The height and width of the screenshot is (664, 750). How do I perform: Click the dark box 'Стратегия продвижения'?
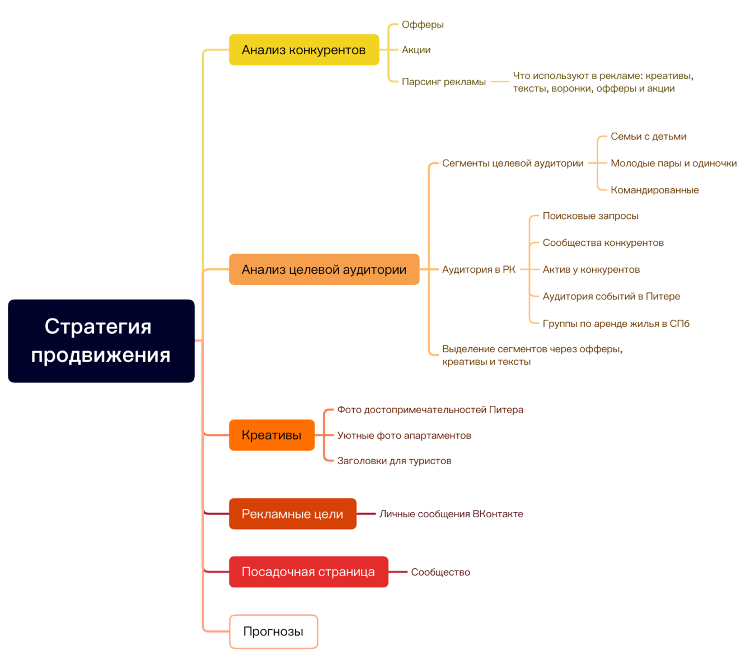[x=101, y=340]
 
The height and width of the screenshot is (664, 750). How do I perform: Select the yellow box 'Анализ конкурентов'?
[x=304, y=50]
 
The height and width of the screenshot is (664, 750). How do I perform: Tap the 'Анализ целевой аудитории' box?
[x=324, y=269]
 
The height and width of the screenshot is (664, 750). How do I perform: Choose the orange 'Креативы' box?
[x=271, y=435]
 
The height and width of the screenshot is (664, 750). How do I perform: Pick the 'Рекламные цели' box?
[x=292, y=514]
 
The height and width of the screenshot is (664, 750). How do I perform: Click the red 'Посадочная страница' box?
[x=308, y=572]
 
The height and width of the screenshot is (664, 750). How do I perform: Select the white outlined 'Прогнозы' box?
[x=273, y=632]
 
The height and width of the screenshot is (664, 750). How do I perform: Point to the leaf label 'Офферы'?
[x=423, y=25]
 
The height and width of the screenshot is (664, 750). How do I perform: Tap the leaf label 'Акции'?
[x=416, y=50]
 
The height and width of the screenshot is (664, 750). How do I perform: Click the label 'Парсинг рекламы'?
[x=443, y=82]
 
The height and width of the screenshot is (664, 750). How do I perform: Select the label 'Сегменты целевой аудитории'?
[x=512, y=163]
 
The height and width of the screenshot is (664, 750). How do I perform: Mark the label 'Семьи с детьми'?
[x=648, y=137]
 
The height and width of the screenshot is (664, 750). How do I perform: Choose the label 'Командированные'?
[x=654, y=190]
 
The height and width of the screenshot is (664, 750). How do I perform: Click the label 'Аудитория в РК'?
[x=479, y=269]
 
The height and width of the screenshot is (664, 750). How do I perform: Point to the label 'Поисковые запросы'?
[x=590, y=216]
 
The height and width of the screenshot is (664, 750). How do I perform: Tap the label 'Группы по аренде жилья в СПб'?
[x=616, y=324]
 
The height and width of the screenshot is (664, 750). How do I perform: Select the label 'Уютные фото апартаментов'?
[x=404, y=436]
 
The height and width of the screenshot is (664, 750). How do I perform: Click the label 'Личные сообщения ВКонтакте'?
[x=451, y=514]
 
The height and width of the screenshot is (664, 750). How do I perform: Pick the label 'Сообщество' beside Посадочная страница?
[x=440, y=572]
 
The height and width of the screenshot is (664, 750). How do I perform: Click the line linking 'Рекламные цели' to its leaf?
[x=366, y=514]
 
